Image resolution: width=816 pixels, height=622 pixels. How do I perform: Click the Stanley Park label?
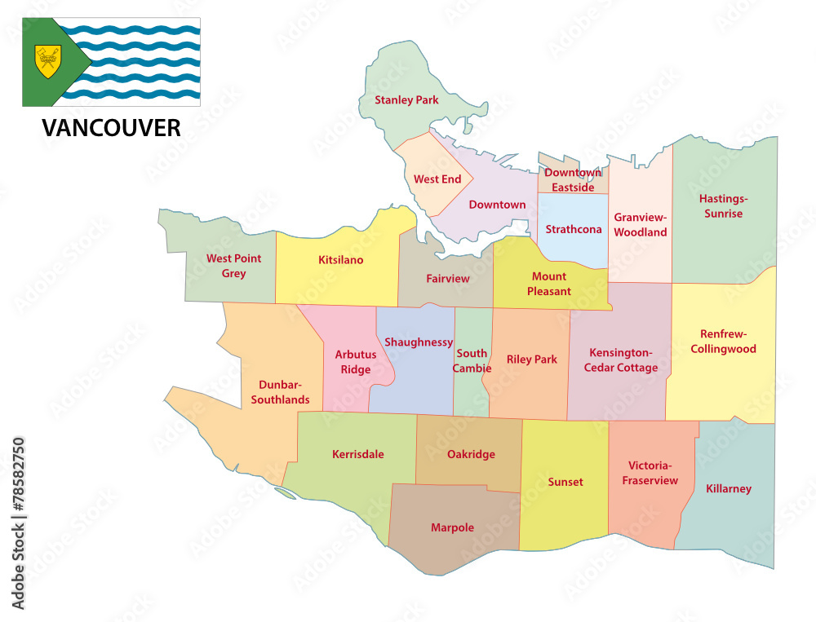coord(406,100)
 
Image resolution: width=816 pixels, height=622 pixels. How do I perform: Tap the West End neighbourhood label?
coord(437,179)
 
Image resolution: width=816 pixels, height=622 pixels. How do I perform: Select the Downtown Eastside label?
coord(573,180)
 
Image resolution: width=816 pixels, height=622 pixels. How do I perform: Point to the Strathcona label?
coord(574,229)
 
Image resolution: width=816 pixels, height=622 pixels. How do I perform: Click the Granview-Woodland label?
coord(641,225)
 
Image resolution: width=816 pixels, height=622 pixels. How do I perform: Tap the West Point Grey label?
coord(233,266)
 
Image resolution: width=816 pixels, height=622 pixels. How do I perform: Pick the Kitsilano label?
coord(340,260)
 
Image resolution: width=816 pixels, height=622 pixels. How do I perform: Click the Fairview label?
coord(448,278)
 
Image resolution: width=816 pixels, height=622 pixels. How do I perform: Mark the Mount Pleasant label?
coord(549,284)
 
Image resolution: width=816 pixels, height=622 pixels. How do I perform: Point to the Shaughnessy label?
coord(419,342)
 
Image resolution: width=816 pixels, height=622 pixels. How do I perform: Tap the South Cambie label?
coord(472,360)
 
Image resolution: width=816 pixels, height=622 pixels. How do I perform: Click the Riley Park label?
coord(531,359)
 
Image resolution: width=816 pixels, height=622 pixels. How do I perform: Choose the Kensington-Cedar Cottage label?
coord(621,360)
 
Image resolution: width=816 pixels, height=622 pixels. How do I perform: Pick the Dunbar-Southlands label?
coord(281,392)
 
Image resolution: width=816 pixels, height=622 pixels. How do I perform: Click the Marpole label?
coord(452,527)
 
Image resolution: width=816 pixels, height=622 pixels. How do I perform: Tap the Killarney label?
coord(729,488)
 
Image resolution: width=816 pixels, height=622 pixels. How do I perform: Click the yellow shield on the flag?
coord(48,61)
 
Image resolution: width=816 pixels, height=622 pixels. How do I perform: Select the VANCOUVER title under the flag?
coord(111,128)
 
